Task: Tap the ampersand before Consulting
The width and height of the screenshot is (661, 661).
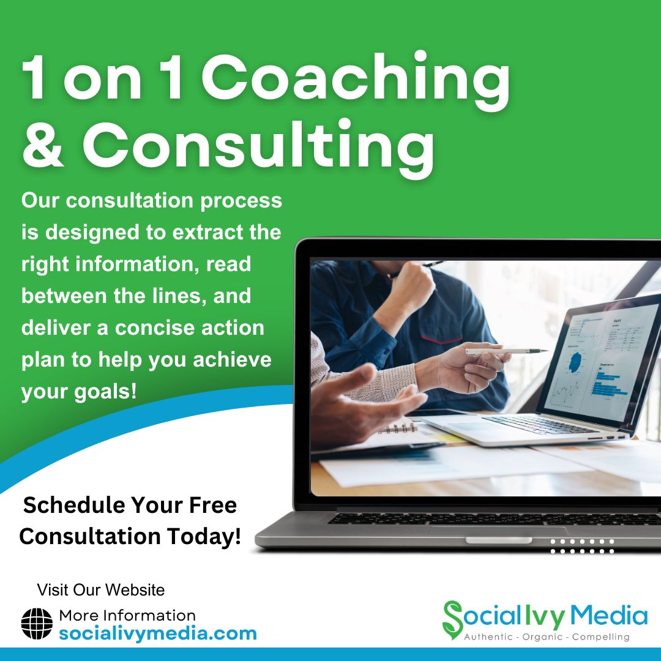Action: tap(43, 144)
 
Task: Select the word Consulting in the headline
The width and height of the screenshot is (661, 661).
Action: tap(258, 148)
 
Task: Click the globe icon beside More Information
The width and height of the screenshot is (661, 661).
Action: tap(37, 624)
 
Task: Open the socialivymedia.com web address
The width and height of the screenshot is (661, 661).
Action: tap(158, 633)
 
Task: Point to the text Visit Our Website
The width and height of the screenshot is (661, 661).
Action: tap(101, 590)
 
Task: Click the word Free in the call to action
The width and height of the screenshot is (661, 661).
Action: tap(213, 505)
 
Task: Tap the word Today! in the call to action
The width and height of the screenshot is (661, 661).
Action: tap(204, 536)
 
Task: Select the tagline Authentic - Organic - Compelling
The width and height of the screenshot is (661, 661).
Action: tap(547, 637)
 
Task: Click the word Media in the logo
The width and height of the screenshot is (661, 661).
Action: tap(609, 616)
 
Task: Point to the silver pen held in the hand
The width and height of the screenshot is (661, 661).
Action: tap(507, 351)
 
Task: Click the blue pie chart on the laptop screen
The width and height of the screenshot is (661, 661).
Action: tap(574, 361)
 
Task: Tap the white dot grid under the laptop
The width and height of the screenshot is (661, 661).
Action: tap(582, 547)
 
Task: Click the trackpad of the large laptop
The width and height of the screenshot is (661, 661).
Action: tap(499, 531)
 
